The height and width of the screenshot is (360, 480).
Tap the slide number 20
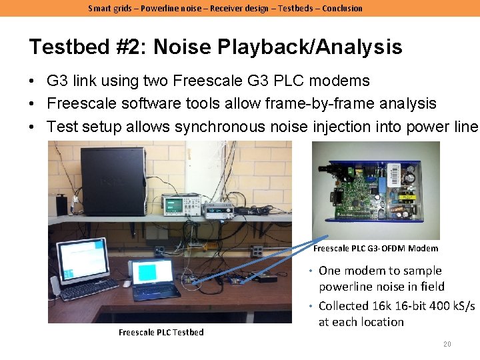coord(447,344)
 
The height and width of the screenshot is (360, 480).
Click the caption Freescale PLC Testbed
coord(161,332)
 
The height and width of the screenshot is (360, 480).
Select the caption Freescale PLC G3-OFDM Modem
coord(376,248)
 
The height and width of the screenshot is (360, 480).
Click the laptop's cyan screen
coord(153,273)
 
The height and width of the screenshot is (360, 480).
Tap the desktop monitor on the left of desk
coord(82,261)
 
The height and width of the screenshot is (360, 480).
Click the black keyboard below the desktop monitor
coord(89,291)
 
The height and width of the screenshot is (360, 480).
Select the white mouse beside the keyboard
coord(127,284)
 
